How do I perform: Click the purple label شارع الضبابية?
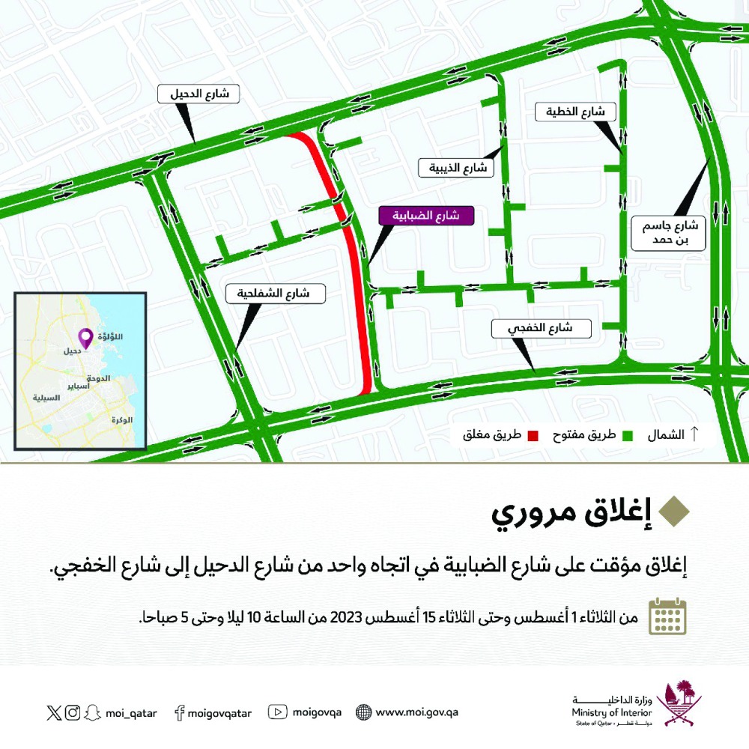coord(428,216)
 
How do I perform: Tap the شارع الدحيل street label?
coord(198,94)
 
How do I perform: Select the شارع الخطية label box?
coord(575,112)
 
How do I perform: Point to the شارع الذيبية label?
coord(456,168)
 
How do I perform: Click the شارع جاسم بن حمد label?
coord(670,233)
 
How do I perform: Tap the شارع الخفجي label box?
coord(542,328)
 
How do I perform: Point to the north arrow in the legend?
coord(694,434)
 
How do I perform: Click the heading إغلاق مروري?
coord(568,515)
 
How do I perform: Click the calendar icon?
coord(667,616)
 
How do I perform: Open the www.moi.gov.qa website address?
coord(416,712)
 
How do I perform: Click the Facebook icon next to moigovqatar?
coord(179,713)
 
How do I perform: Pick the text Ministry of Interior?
coord(611,714)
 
